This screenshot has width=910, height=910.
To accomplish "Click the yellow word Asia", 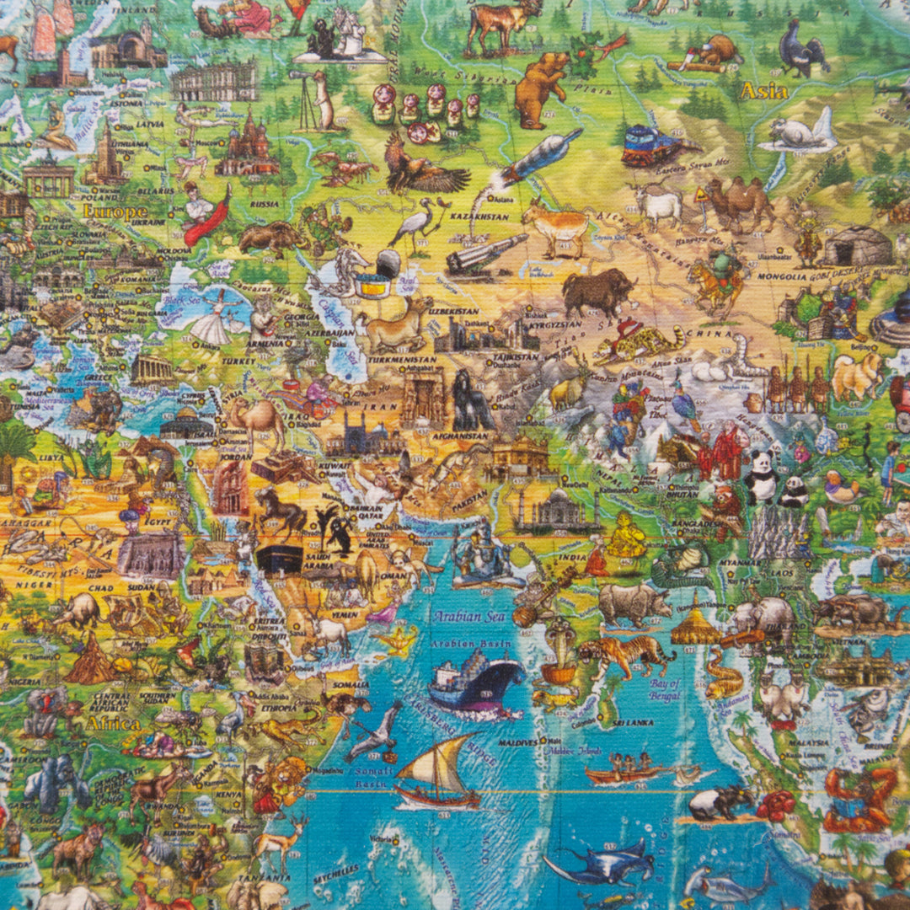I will [x=763, y=91].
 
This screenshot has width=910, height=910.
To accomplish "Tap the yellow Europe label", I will [x=115, y=211].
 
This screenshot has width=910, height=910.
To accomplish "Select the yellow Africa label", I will [x=113, y=723].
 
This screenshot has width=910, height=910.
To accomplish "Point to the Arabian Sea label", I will [x=468, y=617].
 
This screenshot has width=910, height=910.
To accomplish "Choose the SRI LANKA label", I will [x=630, y=722].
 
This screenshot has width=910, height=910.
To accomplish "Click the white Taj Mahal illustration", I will [x=557, y=510].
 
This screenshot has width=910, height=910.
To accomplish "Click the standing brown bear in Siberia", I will [x=539, y=84].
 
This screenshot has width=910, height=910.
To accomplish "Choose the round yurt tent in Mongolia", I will [x=857, y=246].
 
